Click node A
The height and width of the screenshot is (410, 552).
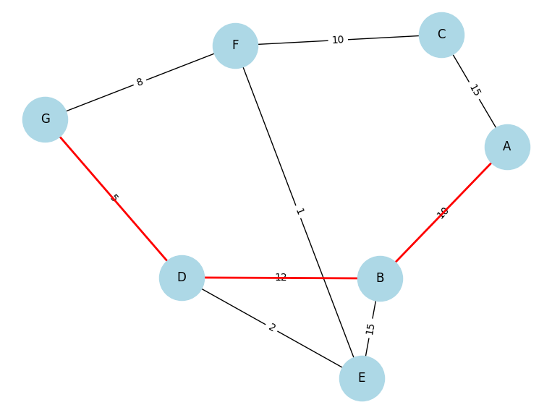507,147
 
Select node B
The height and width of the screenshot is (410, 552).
380,278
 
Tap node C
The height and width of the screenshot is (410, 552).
441,35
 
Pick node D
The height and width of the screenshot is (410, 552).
182,278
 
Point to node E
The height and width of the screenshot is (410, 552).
362,378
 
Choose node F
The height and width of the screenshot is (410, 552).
235,46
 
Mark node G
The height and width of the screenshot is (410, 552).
45,119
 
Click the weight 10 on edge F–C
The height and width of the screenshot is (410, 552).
338,40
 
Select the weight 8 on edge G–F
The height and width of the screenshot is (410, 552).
140,82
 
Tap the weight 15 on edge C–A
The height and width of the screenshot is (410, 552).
475,90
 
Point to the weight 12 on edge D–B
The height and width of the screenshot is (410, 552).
281,278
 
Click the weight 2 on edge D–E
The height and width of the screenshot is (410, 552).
272,328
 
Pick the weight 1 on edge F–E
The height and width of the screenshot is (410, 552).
299,212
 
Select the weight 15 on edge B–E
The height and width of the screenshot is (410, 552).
370,328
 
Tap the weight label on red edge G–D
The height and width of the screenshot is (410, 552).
114,198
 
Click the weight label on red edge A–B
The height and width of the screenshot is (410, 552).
443,213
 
